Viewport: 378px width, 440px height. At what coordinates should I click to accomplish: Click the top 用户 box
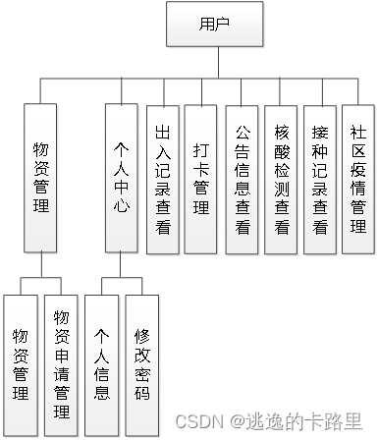click(213, 24)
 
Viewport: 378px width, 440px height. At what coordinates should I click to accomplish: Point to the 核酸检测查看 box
click(282, 179)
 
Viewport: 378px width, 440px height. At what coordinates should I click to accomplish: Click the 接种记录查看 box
click(320, 179)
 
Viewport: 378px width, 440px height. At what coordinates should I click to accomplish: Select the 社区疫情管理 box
click(358, 179)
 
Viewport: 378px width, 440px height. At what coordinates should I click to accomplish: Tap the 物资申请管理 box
click(61, 362)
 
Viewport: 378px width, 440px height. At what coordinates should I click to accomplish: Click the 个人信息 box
click(101, 362)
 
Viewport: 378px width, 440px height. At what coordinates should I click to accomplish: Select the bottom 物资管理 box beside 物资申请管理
click(21, 362)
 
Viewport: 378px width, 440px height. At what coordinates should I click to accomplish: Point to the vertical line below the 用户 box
click(213, 65)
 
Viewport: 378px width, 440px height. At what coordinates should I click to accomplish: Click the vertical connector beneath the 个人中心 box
click(122, 267)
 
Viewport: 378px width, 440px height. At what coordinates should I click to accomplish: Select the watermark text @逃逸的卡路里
click(294, 419)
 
